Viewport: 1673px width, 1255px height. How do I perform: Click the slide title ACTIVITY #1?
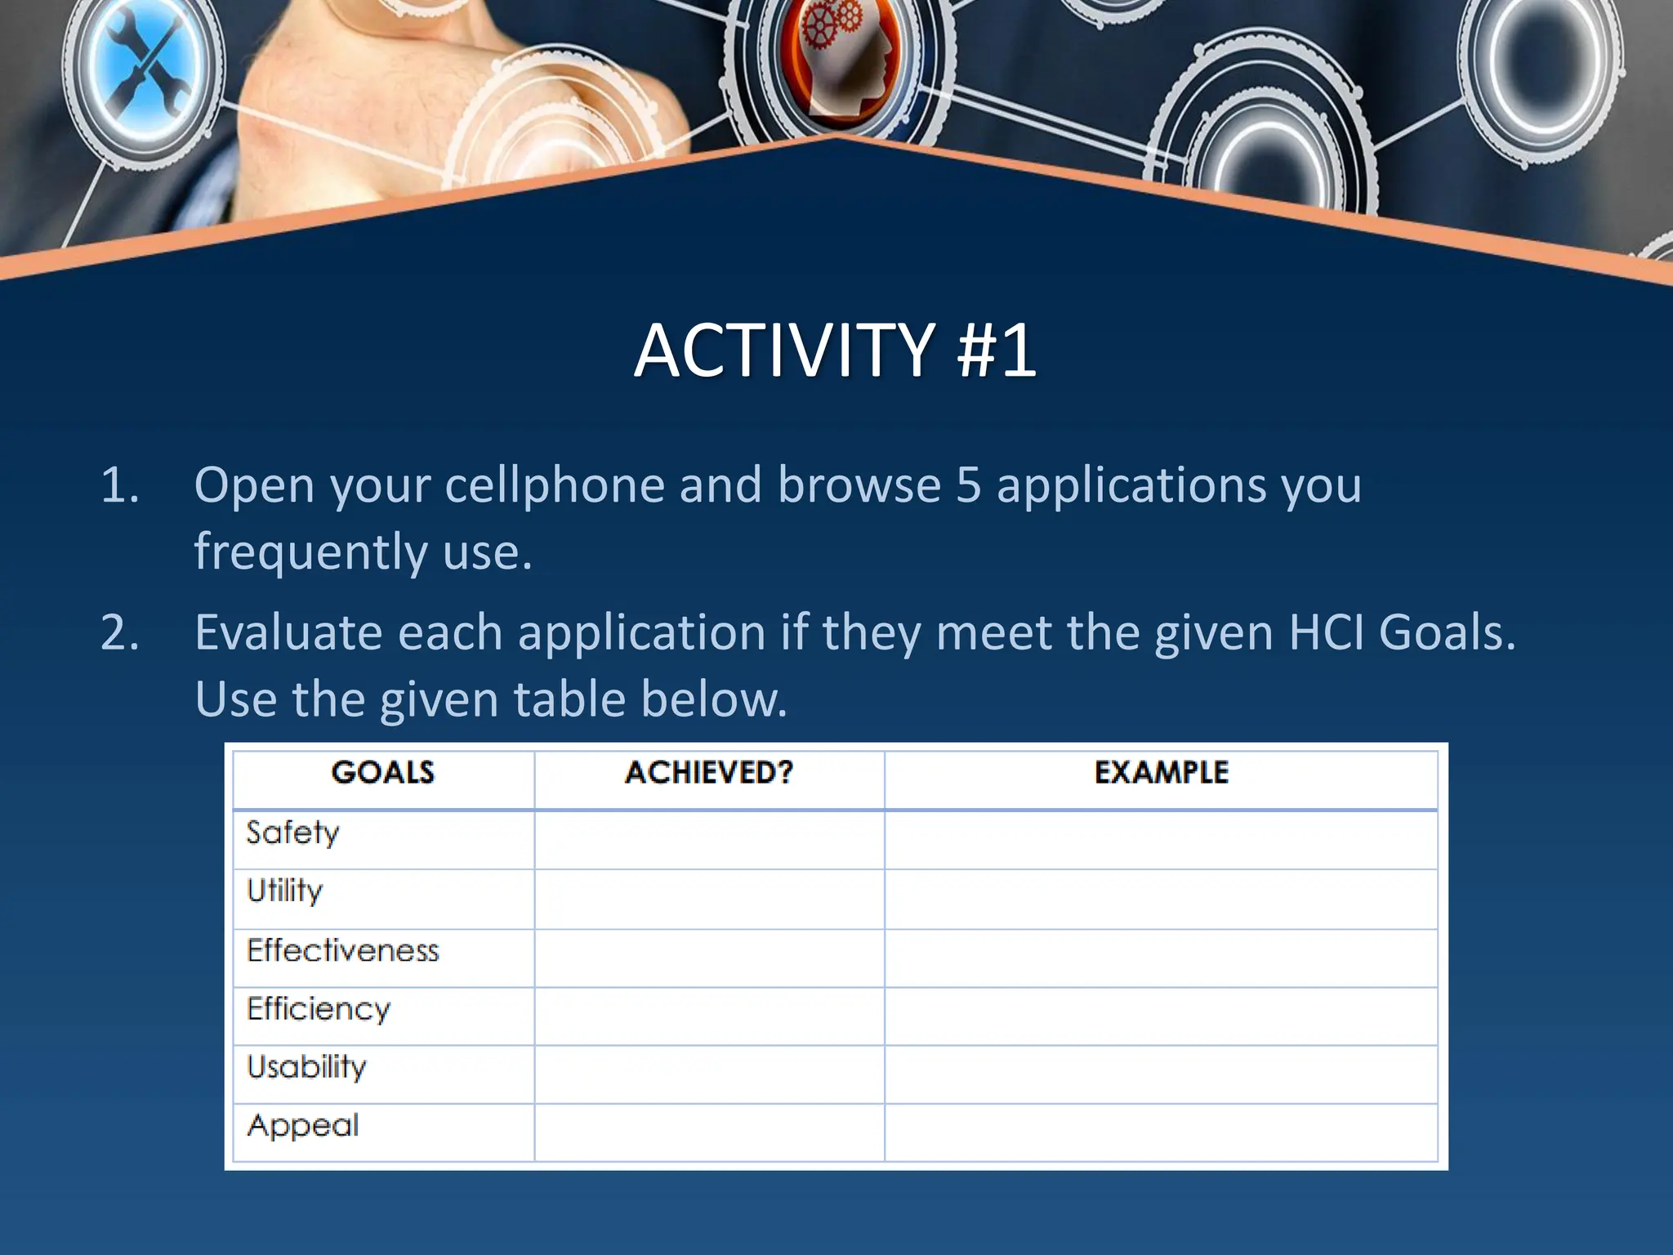835,351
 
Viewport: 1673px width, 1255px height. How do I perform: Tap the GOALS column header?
382,773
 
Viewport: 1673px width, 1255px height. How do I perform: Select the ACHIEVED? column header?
708,773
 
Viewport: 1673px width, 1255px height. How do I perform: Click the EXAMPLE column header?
1161,773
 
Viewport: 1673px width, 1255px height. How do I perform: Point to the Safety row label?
292,833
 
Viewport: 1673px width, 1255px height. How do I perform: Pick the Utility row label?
285,891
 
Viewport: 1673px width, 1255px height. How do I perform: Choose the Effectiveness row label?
343,951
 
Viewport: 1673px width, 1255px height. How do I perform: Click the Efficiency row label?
319,1010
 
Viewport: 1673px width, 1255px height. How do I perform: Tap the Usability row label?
307,1068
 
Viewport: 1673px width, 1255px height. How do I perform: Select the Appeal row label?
303,1127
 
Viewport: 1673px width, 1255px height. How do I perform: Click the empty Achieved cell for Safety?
709,840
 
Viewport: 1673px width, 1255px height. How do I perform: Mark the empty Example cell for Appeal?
1161,1132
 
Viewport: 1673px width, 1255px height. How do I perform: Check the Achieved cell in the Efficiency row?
709,1016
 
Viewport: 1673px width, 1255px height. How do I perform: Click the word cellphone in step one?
555,486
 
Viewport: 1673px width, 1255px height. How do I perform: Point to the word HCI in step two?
1326,633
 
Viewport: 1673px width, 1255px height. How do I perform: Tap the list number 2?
119,633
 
